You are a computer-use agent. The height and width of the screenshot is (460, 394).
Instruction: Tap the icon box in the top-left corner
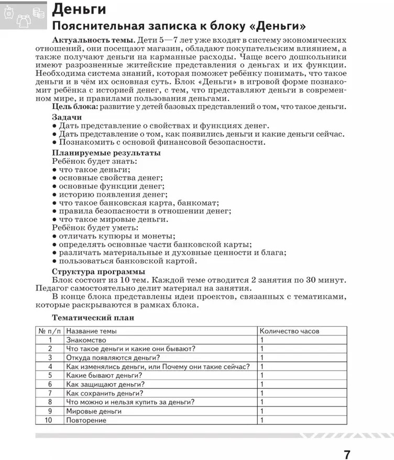pos(24,16)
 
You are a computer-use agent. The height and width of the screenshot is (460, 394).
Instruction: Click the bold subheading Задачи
pos(67,118)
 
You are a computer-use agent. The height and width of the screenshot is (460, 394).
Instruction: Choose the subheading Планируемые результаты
pos(106,153)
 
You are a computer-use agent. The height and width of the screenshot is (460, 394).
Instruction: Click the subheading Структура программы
pos(98,272)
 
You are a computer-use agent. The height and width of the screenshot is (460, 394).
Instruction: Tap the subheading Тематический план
pos(93,317)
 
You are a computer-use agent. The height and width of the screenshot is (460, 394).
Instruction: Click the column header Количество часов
pos(289,331)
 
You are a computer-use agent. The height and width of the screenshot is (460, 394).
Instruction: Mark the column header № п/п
pos(50,331)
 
